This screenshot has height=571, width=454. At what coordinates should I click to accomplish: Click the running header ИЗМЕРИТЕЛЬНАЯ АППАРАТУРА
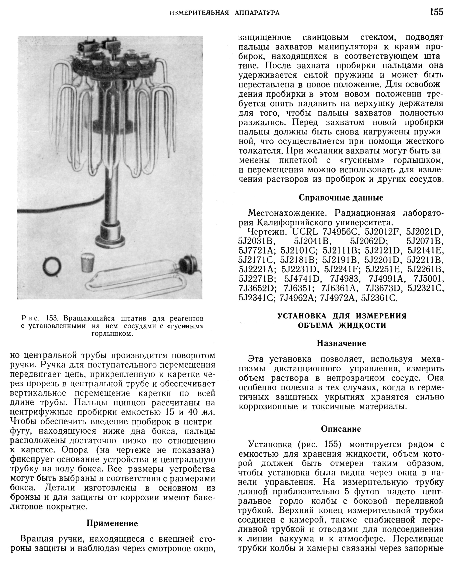point(224,13)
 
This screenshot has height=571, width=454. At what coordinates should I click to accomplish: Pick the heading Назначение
point(341,344)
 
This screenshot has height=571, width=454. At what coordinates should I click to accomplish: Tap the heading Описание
point(341,429)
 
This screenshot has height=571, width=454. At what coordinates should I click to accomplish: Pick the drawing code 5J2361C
point(379,298)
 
